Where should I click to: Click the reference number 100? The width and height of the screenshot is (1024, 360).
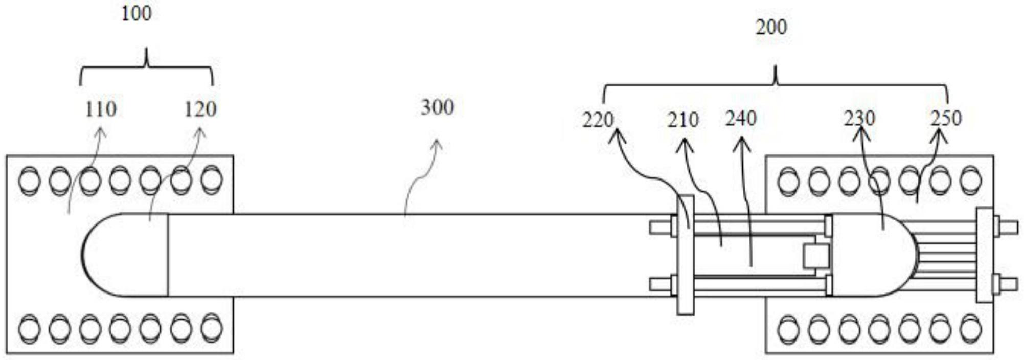pos(136,14)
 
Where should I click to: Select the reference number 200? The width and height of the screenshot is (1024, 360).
pos(771,27)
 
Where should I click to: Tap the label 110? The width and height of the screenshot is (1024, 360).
pos(101,109)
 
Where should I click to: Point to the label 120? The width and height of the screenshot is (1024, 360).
pos(200,109)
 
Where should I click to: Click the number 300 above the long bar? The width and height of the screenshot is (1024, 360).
pos(437,107)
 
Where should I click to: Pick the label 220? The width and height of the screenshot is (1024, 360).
pos(598,120)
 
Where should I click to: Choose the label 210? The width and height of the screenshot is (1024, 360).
pos(682,120)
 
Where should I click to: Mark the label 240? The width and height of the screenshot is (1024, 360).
pos(740,119)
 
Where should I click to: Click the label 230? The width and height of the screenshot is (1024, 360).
pos(859,119)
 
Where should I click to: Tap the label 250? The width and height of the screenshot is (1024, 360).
pos(946,118)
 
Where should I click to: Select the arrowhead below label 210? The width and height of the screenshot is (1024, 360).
pos(685,145)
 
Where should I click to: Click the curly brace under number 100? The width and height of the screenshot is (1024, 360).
pos(147,66)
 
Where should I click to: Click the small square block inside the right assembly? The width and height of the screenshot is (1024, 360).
pos(814,256)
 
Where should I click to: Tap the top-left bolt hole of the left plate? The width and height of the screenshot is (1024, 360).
pos(29,181)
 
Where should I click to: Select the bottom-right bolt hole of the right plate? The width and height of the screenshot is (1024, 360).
pos(970,328)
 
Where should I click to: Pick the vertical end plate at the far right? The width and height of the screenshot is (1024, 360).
pos(984,255)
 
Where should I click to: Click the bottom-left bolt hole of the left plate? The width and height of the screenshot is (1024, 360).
pos(29,328)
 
